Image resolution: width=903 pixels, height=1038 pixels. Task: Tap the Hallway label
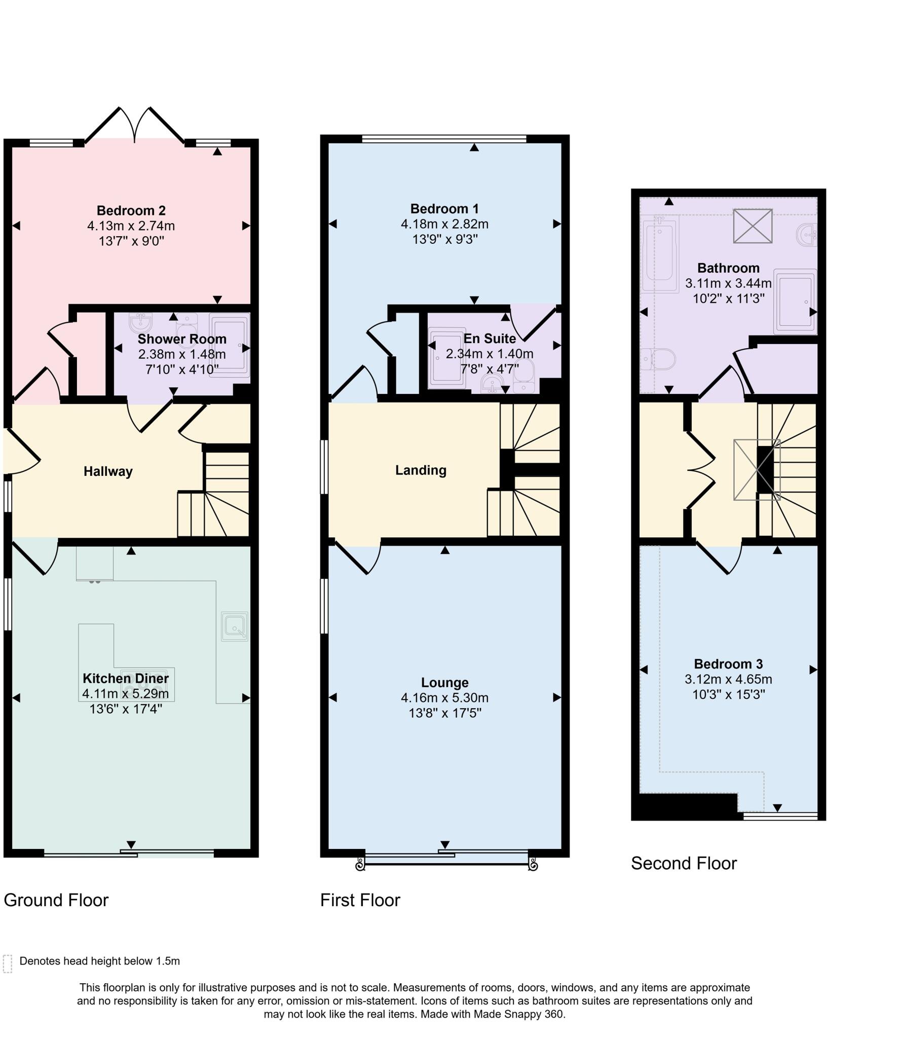click(x=108, y=471)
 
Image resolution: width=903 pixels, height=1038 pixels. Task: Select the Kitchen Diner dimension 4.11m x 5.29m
click(x=126, y=693)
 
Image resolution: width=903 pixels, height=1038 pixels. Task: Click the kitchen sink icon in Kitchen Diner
click(x=235, y=626)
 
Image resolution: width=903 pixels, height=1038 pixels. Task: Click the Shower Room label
click(x=182, y=339)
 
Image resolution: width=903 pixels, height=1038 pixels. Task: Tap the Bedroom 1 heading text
click(x=444, y=208)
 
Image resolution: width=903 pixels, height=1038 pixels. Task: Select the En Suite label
click(x=490, y=338)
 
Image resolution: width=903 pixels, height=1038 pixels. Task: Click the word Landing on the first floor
click(x=421, y=470)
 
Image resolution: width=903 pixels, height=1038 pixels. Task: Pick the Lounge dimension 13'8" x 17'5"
click(x=444, y=713)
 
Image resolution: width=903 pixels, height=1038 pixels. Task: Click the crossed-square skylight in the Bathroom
click(x=752, y=226)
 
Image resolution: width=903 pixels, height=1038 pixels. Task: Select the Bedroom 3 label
click(x=728, y=664)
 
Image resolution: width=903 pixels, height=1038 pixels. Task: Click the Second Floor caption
click(x=684, y=863)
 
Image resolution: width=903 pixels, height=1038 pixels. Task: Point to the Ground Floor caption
click(x=56, y=900)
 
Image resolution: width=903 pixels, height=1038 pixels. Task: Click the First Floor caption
click(x=360, y=900)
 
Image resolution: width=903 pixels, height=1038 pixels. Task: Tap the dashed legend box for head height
click(x=8, y=963)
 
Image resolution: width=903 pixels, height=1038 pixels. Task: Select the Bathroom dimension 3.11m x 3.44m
click(x=728, y=283)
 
